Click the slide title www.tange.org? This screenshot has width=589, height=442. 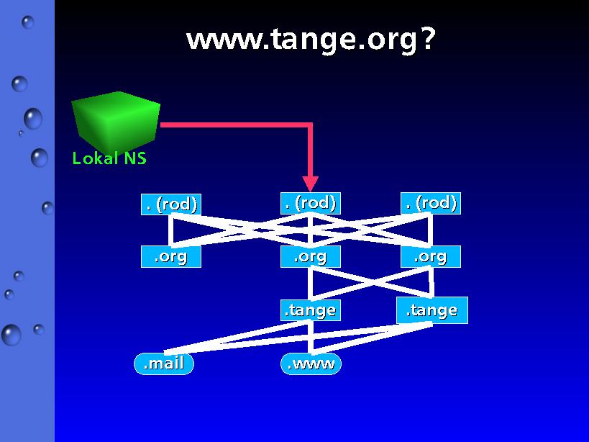311,40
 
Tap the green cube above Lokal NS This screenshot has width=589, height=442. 116,121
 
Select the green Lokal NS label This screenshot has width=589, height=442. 109,158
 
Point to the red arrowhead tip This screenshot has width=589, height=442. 310,191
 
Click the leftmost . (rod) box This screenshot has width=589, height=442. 171,204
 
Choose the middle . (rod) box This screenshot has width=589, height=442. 310,203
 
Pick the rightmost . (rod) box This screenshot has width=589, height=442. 431,203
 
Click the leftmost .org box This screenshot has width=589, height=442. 171,257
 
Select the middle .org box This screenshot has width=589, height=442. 310,257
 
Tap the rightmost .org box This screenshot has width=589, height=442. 431,257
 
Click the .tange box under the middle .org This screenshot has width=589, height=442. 310,310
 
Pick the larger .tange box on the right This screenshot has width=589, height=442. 432,310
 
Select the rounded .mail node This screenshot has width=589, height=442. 164,364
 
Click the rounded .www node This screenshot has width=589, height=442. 311,364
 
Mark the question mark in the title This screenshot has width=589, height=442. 427,39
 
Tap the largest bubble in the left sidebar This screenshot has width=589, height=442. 12,335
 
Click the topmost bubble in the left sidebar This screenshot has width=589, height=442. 27,22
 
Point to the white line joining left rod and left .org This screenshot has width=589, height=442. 171,230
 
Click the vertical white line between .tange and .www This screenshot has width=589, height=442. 311,337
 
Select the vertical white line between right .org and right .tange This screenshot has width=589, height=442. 431,282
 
